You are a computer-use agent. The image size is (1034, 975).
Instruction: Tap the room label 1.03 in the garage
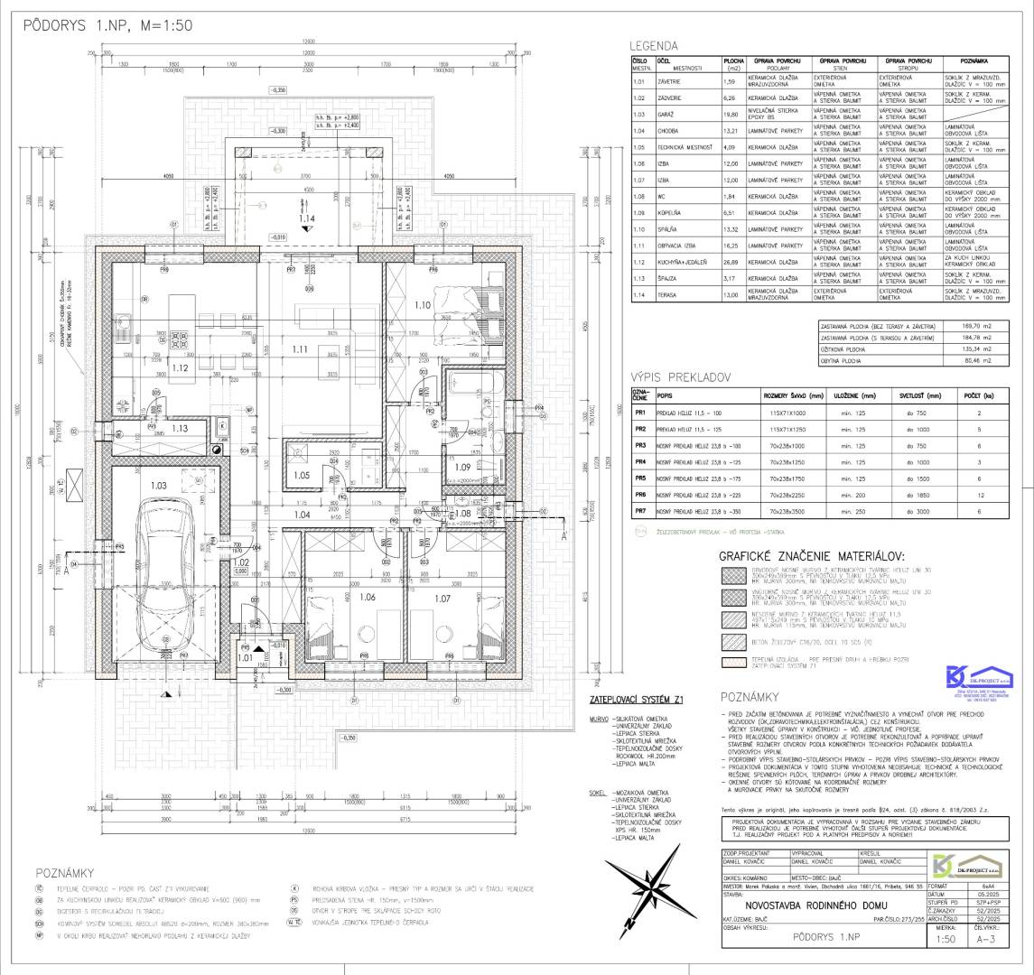pos(158,485)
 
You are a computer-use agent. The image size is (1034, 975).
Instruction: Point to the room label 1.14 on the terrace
pos(308,218)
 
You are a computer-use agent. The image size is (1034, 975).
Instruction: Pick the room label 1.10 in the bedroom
pos(422,305)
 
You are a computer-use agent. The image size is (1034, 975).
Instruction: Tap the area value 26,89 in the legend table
pos(731,262)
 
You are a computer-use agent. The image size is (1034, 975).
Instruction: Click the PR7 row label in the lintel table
pos(640,511)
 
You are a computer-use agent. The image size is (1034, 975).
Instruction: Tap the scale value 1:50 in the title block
pos(946,939)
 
